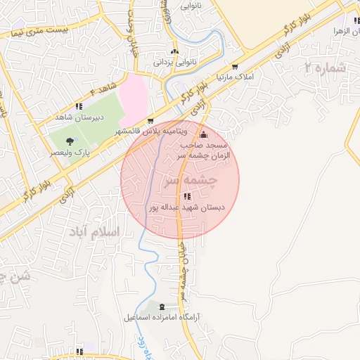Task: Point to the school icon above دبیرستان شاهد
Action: tap(79, 107)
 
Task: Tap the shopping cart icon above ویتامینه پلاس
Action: tap(150, 121)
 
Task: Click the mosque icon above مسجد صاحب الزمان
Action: tap(204, 134)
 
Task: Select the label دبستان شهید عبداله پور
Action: tap(187, 207)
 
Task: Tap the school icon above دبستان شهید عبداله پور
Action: tap(186, 196)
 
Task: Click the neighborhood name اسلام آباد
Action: tap(96, 231)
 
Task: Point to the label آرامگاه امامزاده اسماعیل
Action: tap(163, 318)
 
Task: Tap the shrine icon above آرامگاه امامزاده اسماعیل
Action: tap(163, 307)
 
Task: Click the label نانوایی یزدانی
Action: tap(173, 63)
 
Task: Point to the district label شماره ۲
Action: tap(326, 68)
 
